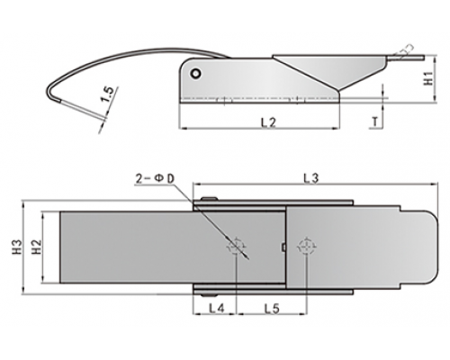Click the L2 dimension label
[268, 122]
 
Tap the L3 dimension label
[311, 179]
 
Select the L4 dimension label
[216, 308]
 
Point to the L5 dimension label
[272, 308]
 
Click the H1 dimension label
[428, 78]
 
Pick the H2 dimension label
[36, 247]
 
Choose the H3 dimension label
[17, 247]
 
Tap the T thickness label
[375, 121]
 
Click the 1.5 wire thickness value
[107, 94]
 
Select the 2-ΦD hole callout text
[155, 179]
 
